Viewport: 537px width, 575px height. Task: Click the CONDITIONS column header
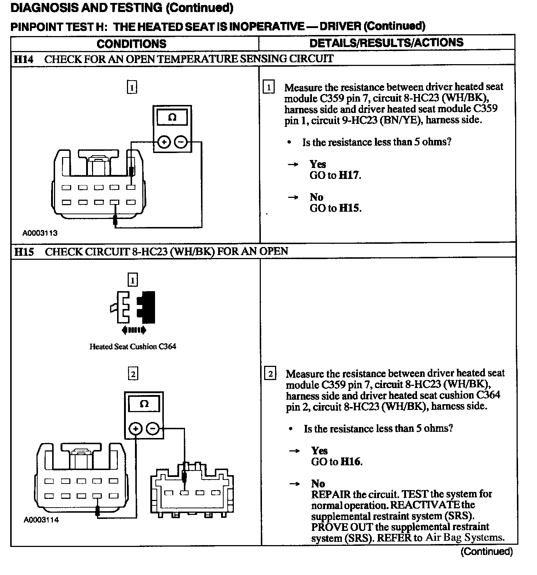pos(131,44)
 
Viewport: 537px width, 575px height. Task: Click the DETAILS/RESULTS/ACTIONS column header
pos(386,43)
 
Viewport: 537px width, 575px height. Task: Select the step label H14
pos(24,59)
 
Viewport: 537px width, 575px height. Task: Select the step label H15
pos(24,251)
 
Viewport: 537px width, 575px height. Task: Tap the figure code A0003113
pos(40,233)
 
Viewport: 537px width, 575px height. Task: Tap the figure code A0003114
pos(41,520)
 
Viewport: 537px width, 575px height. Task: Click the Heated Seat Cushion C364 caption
pos(133,347)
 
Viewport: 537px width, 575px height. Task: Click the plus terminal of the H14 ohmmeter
pos(164,142)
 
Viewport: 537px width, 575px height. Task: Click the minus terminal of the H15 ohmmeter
pos(153,429)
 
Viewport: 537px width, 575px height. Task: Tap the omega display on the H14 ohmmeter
pos(172,117)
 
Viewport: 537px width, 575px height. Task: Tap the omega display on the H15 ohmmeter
pos(144,404)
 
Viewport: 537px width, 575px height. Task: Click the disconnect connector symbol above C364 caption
pos(133,307)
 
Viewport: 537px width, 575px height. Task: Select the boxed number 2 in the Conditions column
pos(133,374)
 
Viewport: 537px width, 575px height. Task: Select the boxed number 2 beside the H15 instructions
pos(270,374)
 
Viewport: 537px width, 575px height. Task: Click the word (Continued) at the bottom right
pos(487,551)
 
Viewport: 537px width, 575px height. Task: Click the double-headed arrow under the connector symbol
pos(134,330)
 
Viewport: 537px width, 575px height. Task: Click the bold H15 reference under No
pos(349,208)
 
